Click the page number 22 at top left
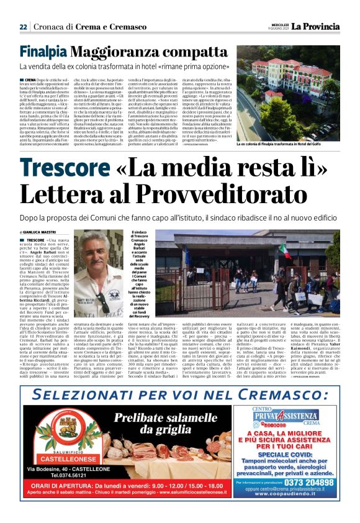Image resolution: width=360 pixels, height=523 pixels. (x=23, y=27)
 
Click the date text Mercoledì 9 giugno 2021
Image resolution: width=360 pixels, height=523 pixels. (x=276, y=26)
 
